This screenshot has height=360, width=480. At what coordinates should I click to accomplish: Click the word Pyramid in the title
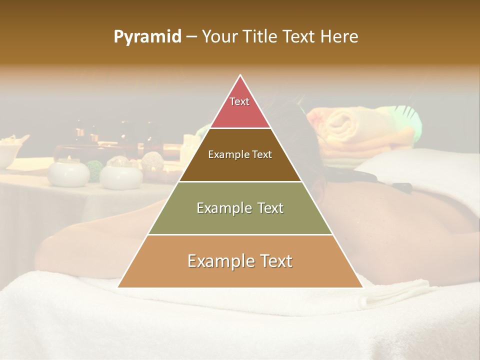click(x=147, y=37)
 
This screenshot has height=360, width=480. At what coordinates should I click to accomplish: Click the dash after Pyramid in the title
click(x=191, y=37)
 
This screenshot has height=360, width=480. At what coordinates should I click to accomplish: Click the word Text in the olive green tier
click(x=270, y=208)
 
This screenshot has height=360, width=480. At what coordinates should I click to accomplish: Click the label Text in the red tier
click(x=239, y=101)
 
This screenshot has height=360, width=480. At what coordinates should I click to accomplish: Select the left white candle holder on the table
click(x=68, y=172)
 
